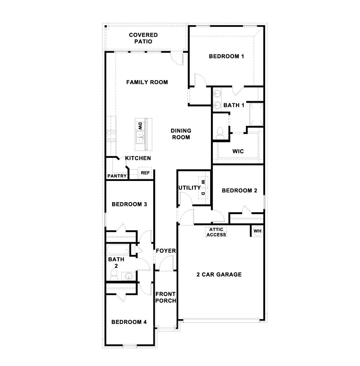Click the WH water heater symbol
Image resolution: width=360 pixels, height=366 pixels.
coord(257,231)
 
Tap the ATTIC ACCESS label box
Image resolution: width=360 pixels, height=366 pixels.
coord(216,232)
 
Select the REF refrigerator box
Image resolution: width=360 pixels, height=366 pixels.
coord(145,173)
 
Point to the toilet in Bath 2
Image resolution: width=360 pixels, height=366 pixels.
coord(114,275)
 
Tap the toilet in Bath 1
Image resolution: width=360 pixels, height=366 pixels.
coord(220,132)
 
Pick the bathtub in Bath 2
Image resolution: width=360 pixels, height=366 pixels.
coord(118,250)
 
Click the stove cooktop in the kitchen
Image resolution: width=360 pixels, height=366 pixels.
coord(111,136)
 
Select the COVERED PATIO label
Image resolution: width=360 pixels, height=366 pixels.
coord(143,38)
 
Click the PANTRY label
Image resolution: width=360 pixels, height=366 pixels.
coord(117,176)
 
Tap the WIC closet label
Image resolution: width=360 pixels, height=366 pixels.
coord(238,151)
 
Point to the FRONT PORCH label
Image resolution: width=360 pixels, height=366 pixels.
coord(166,297)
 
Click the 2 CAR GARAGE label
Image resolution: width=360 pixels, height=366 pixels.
coord(219,274)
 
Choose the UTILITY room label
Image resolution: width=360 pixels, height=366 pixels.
coord(189,188)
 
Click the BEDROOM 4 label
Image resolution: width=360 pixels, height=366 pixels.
coord(129,322)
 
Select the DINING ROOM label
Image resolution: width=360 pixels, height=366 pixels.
coord(181,134)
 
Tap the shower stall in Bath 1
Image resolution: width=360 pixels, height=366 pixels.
coord(256,114)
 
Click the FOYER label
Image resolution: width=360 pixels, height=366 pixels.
coord(166,251)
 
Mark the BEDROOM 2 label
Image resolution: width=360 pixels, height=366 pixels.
coord(239,191)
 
